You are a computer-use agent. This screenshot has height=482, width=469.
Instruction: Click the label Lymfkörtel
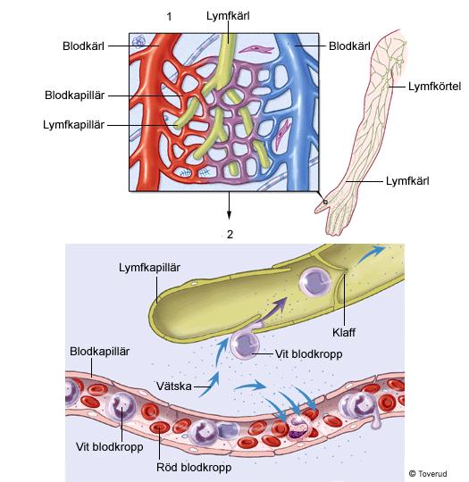434,87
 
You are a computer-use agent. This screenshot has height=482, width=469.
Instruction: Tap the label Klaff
344,332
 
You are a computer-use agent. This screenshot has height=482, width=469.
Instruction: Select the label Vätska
174,386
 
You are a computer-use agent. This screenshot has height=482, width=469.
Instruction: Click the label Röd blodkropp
194,467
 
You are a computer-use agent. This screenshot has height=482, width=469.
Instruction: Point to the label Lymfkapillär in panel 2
149,268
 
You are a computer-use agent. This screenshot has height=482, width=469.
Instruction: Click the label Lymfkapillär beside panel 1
73,125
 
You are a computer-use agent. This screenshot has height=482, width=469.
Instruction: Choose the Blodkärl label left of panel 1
83,46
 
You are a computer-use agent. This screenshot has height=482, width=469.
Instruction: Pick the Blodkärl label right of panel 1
349,46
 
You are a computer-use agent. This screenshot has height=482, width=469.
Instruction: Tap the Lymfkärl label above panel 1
228,16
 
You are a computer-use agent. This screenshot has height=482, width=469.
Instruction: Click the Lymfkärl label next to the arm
407,181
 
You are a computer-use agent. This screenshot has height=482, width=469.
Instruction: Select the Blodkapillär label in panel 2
100,352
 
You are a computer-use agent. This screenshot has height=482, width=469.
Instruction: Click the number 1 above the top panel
169,17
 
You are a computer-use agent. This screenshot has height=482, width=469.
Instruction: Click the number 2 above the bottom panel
230,235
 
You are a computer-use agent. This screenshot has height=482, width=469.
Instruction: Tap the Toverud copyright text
428,474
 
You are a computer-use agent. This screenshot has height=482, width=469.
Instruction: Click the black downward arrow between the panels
229,205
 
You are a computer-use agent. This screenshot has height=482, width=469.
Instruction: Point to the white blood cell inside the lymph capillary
315,282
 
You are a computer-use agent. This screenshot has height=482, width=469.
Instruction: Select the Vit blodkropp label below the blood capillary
110,446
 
